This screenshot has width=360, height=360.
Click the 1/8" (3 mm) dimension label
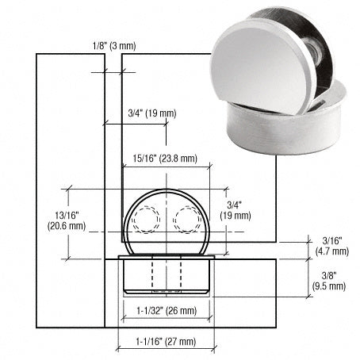tap(113, 45)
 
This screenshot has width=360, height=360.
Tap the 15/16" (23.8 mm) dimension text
tap(167, 158)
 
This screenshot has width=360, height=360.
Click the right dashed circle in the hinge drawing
tap(189, 218)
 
